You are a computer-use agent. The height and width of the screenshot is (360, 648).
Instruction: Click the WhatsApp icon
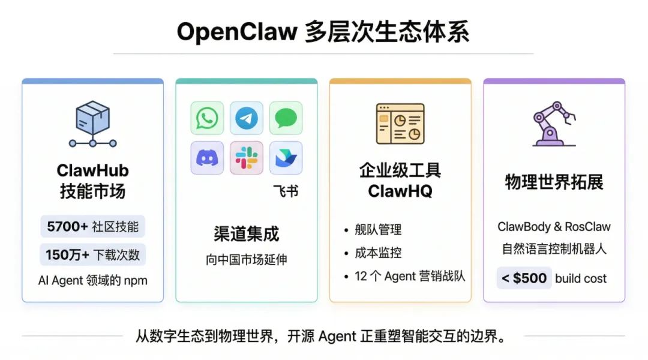click(x=207, y=118)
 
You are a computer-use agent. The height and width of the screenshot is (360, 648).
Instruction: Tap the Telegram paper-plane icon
click(x=247, y=118)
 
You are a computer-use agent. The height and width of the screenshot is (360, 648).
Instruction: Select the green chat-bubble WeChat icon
click(x=286, y=118)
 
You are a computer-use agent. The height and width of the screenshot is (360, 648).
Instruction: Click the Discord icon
click(x=207, y=158)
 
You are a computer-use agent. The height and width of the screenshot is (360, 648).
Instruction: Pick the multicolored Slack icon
click(x=247, y=158)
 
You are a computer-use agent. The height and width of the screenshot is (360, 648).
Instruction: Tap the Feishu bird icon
click(x=286, y=158)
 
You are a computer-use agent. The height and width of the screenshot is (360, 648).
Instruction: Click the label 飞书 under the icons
click(x=286, y=191)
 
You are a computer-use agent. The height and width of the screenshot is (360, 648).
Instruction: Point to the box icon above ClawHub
click(x=93, y=124)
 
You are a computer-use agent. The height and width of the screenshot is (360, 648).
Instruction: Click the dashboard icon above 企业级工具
click(x=400, y=124)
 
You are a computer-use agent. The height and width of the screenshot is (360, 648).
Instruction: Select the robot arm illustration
click(x=554, y=124)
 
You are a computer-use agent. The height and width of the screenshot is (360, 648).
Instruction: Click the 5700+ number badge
click(x=68, y=227)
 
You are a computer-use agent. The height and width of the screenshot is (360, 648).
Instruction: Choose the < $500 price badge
click(x=524, y=278)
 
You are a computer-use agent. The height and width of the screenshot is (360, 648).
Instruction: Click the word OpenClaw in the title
click(x=237, y=32)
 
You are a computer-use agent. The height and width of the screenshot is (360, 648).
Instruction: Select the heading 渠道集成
click(x=247, y=233)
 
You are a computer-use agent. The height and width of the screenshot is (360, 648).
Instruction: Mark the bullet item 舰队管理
click(x=378, y=230)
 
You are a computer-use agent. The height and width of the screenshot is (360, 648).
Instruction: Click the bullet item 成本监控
click(x=378, y=253)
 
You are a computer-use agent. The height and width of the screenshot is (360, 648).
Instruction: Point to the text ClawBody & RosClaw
click(x=554, y=227)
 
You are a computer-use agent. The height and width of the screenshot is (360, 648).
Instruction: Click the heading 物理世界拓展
click(x=554, y=182)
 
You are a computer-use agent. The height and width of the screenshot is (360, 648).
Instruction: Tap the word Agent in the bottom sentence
click(x=337, y=337)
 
